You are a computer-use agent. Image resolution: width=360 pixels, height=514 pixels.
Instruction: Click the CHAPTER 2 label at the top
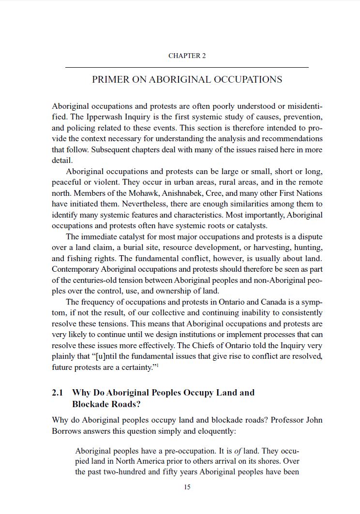pyautogui.click(x=187, y=56)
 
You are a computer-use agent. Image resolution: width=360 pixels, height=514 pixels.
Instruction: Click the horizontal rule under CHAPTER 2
pyautogui.click(x=187, y=67)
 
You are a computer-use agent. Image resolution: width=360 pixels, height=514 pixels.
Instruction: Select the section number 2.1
pyautogui.click(x=58, y=393)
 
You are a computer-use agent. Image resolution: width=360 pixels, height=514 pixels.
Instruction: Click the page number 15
pyautogui.click(x=187, y=487)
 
